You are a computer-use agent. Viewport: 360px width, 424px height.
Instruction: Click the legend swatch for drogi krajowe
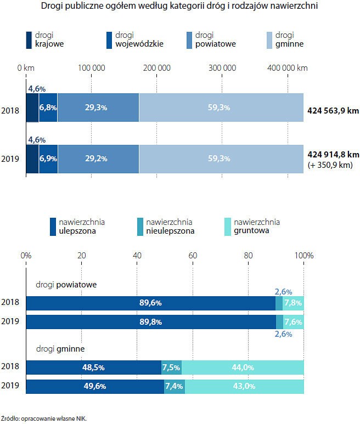point(29,40)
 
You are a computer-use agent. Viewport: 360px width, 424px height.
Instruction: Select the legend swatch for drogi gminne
point(269,40)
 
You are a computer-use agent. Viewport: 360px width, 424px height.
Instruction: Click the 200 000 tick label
point(157,68)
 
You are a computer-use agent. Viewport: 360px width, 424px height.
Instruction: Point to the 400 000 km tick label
point(288,68)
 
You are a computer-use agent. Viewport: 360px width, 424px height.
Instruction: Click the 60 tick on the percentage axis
point(193,255)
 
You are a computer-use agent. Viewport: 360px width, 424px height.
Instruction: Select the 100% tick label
point(303,255)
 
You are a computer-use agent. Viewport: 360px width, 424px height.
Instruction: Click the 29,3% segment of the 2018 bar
point(98,108)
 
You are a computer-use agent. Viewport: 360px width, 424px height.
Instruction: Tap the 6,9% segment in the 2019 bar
point(48,159)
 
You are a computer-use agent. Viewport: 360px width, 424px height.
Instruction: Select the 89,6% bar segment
point(150,303)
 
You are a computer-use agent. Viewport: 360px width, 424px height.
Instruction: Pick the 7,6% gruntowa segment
point(294,322)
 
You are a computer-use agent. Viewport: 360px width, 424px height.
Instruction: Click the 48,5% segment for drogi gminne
point(93,368)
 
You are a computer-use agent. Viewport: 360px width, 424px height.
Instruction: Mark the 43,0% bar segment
point(244,386)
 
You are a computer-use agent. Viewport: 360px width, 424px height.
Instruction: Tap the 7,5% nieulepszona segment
point(171,368)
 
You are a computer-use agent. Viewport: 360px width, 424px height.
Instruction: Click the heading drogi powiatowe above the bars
point(66,285)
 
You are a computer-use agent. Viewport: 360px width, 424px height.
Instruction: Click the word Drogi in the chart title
point(53,7)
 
